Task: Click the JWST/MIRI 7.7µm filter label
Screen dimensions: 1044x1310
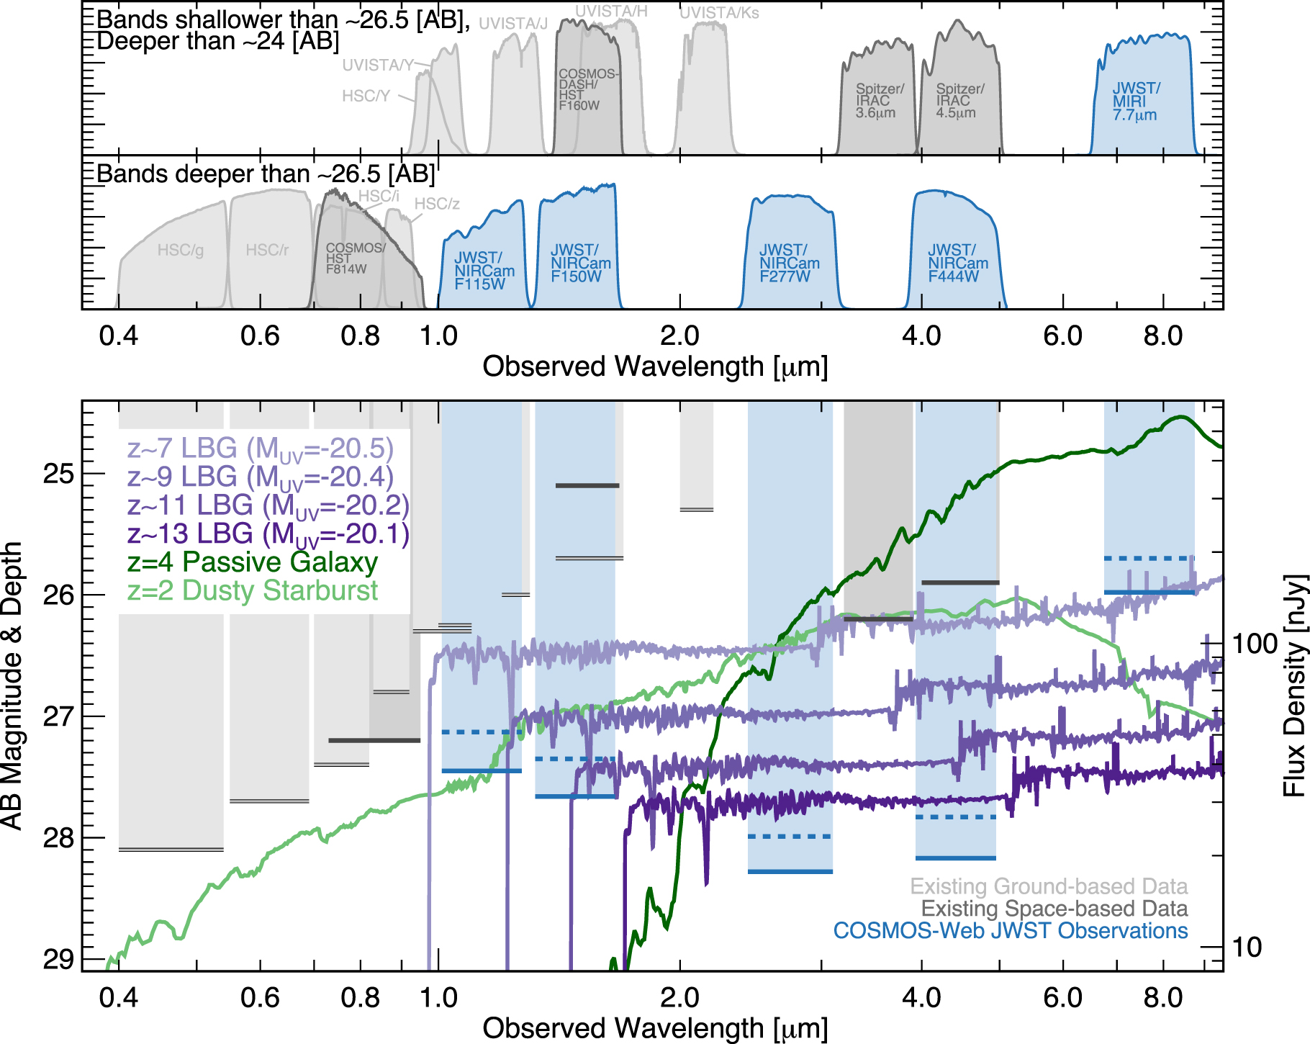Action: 1136,102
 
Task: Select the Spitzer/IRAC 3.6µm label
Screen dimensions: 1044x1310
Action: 879,101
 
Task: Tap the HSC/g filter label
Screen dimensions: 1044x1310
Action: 181,250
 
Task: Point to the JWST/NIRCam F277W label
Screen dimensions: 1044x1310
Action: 789,264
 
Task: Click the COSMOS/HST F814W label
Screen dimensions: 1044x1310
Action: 355,258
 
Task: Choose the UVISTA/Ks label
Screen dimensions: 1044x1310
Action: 719,13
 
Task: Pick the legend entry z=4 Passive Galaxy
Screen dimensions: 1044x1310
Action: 253,562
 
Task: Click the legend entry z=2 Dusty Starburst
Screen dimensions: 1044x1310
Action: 253,590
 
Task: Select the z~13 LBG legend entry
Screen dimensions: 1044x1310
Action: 268,534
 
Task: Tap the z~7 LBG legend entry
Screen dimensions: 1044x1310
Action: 261,449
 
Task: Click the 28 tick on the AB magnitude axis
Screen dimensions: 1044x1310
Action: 58,838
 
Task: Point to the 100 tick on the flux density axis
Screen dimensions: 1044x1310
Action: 1254,644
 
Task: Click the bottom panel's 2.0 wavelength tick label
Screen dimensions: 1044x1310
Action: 679,998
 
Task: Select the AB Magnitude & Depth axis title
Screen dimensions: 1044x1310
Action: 12,685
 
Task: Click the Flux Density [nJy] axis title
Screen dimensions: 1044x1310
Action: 1294,685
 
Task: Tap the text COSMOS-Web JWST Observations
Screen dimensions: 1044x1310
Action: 1010,930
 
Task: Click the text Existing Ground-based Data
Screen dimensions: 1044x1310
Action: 1048,886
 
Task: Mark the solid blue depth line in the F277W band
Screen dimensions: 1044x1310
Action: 790,872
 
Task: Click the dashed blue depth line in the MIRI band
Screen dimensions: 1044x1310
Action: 1149,558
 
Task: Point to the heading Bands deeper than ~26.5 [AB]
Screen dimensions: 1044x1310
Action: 266,174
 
